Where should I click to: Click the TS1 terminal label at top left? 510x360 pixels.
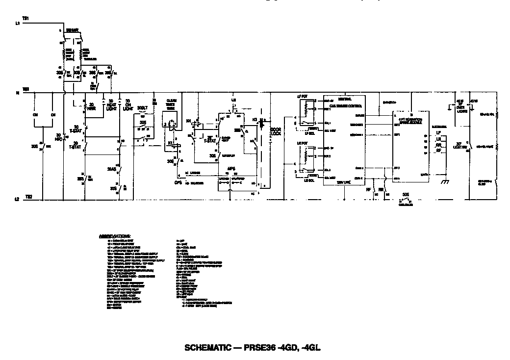pos(26,18)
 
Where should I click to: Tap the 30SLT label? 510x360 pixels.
pos(142,108)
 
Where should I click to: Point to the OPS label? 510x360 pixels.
pos(178,182)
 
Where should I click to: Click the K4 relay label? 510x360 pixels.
pos(188,120)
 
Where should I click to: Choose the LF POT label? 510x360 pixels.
pos(302,96)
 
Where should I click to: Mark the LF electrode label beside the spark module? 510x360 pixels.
pos(438,133)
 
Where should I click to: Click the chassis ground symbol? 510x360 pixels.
pos(445,181)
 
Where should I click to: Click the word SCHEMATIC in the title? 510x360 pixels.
pos(207,348)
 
